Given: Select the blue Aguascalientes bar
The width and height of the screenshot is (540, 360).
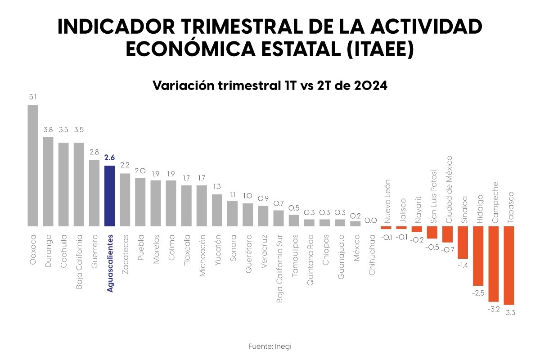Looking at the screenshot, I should coord(109,196).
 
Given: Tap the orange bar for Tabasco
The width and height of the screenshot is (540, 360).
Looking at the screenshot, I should coord(509,265).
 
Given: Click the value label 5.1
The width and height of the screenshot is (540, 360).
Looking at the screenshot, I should coord(33,97).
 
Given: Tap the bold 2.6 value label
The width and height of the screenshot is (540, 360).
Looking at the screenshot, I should coord(109,157).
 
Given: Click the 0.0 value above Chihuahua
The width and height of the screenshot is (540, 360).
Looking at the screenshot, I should coord(370,220).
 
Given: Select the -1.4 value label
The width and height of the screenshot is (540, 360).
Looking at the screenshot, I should coord(463,265).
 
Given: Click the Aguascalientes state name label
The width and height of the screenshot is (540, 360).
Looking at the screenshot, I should coord(110,263).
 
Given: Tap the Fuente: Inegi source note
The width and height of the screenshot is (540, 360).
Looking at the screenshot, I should coord(270,346).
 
